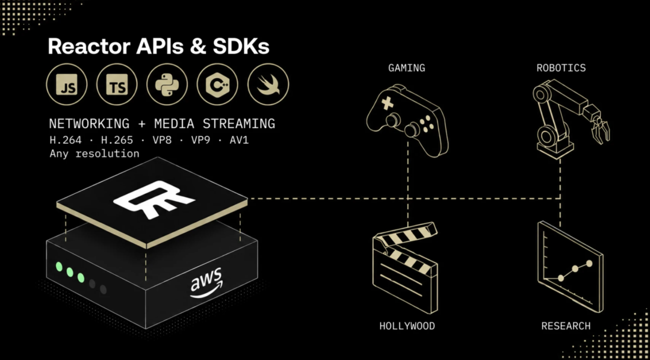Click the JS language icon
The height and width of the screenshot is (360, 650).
click(67, 84)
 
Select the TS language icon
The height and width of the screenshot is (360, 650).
click(117, 84)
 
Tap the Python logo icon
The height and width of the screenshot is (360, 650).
click(167, 84)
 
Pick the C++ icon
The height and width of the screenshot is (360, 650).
click(217, 84)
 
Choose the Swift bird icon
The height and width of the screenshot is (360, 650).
click(268, 84)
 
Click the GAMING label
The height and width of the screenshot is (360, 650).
click(407, 68)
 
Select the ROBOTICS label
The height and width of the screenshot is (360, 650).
click(562, 68)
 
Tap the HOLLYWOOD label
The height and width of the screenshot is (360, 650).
click(407, 326)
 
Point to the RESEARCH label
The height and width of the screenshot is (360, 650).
click(566, 326)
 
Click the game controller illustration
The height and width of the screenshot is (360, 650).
click(407, 120)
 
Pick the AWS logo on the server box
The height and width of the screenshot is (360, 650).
click(206, 282)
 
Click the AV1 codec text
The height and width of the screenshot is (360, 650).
click(239, 140)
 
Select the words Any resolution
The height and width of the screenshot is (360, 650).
click(94, 154)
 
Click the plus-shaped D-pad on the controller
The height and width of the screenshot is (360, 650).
click(388, 104)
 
